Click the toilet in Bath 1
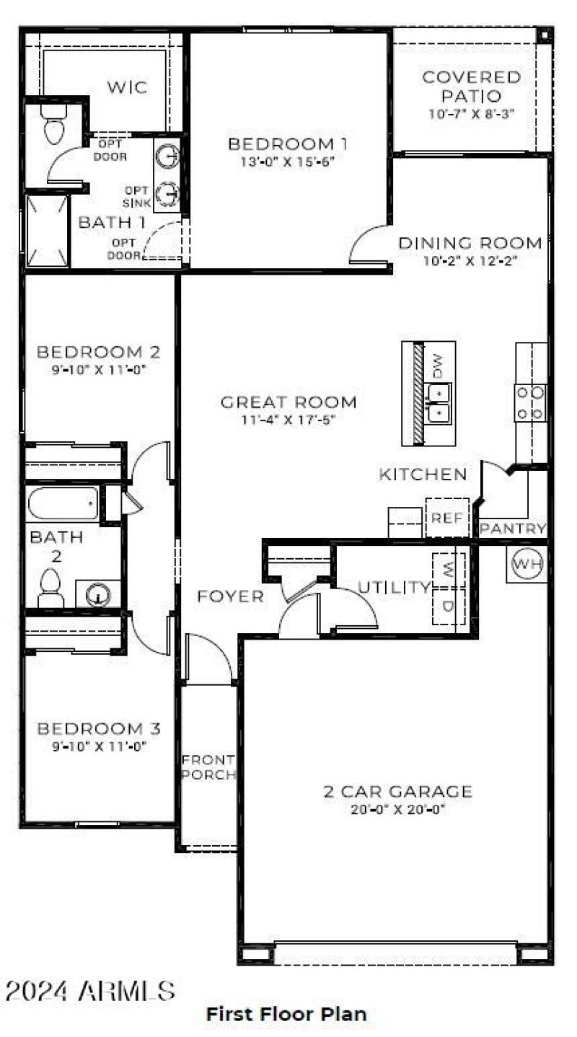(54, 124)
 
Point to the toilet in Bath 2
(50, 588)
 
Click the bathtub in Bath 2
(63, 503)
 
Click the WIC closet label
(128, 88)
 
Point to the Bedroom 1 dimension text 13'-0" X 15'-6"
(288, 162)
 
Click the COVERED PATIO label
(472, 86)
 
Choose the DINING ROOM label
(470, 243)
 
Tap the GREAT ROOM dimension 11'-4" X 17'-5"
(288, 419)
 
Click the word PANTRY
(513, 529)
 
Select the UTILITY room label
(395, 588)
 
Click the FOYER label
(231, 596)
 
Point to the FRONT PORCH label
(208, 767)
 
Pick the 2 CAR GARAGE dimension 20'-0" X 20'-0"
(397, 809)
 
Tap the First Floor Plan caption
(286, 1013)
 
